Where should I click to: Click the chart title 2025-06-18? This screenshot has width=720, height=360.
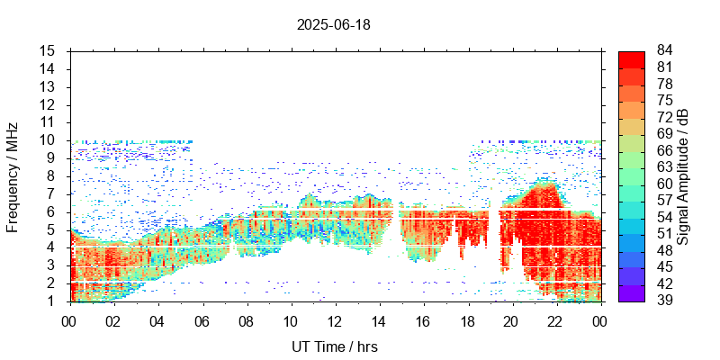(x=333, y=24)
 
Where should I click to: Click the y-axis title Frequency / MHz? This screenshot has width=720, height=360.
(x=13, y=175)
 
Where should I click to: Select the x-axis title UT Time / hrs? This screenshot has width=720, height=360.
(x=334, y=346)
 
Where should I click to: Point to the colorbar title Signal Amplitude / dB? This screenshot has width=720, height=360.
(x=683, y=176)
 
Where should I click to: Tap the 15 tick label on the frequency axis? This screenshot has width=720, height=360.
(x=49, y=51)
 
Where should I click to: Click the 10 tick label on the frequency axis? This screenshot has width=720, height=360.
(x=49, y=140)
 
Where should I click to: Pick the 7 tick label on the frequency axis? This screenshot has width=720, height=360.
(x=52, y=193)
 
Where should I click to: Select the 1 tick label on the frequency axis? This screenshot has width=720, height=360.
(x=52, y=301)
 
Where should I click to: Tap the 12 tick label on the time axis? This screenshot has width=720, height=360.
(x=334, y=320)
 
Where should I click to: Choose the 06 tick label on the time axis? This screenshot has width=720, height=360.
(x=202, y=320)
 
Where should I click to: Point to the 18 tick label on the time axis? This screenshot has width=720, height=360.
(x=467, y=320)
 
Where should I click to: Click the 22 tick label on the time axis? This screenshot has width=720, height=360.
(x=555, y=320)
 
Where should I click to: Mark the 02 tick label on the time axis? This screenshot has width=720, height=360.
(x=113, y=320)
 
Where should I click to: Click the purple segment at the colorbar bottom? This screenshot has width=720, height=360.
(x=631, y=292)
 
